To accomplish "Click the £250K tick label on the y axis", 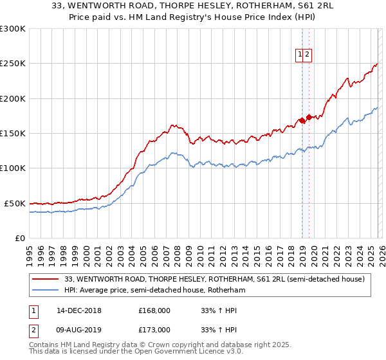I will pos(13,64).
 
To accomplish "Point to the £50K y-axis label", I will pos(15,203).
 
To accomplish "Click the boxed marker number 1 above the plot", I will pos(300,55).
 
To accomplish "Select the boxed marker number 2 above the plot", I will pos(308,55).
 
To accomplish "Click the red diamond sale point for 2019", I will pos(309,117).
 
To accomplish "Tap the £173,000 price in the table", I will pos(154,330).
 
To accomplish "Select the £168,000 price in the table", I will pos(154,310).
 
